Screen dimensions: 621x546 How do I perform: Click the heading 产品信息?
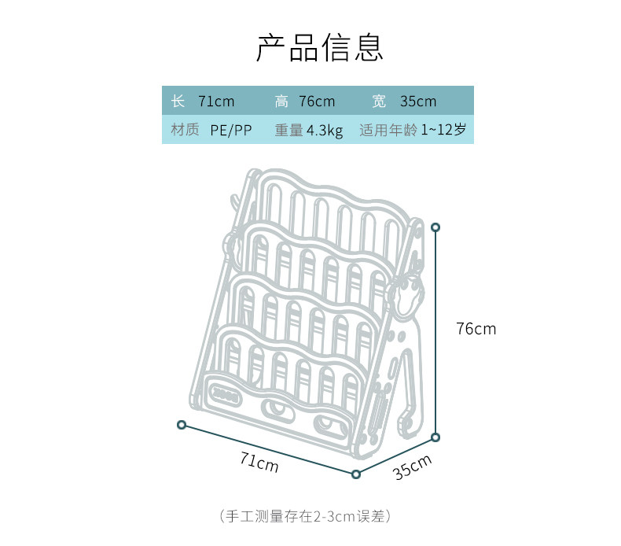(x=319, y=48)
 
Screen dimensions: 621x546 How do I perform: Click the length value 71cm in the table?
(x=216, y=101)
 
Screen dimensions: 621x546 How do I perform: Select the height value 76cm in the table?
(x=317, y=101)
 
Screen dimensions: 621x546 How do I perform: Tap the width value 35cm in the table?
(x=417, y=101)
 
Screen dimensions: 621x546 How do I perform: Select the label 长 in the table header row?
(x=178, y=101)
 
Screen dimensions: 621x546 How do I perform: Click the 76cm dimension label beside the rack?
(x=476, y=329)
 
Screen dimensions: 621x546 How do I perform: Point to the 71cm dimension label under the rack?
(x=259, y=463)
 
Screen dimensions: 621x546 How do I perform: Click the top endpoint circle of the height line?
(x=435, y=227)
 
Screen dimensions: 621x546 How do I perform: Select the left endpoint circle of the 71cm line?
(x=182, y=425)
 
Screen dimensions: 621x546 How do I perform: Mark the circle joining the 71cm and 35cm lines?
(x=356, y=474)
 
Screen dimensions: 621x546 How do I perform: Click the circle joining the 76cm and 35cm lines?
(x=435, y=437)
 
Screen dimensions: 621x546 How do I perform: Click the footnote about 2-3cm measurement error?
(x=306, y=517)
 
